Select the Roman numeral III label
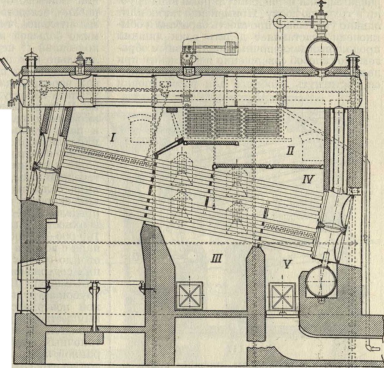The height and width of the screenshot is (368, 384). [x=216, y=257]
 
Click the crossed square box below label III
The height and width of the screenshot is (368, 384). [x=189, y=296]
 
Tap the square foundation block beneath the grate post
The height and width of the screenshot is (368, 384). [x=94, y=338]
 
